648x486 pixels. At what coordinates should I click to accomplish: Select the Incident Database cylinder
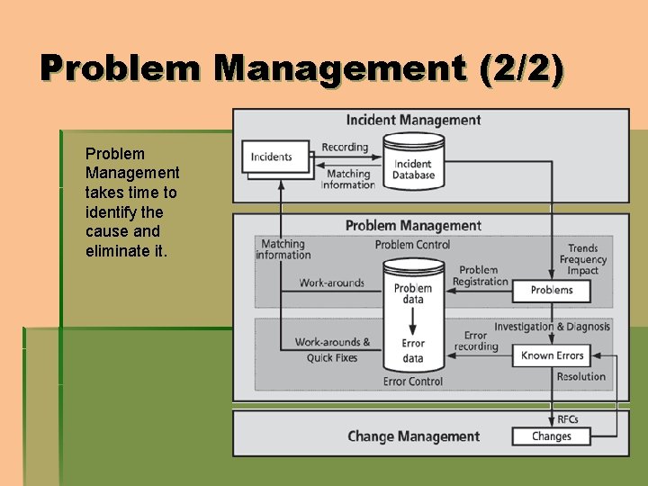tap(413, 161)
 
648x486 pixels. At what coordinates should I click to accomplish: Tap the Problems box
tap(551, 291)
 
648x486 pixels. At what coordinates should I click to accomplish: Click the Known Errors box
tap(552, 355)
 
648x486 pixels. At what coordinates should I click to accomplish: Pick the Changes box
tap(551, 436)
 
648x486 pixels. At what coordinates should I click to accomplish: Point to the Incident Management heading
tap(413, 121)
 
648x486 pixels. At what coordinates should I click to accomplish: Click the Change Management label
tap(413, 436)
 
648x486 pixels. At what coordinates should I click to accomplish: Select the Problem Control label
tap(412, 245)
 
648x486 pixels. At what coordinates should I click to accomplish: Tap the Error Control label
tap(412, 382)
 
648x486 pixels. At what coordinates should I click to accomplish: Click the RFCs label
tap(568, 419)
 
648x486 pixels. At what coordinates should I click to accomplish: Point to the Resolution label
tap(581, 377)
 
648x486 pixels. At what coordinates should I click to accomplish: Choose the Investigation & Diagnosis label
tap(552, 327)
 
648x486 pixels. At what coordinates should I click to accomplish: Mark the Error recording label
tap(476, 341)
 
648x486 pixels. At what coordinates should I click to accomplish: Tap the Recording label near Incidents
tap(345, 147)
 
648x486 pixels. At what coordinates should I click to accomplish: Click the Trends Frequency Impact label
tap(582, 260)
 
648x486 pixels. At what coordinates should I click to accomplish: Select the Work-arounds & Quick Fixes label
tap(332, 350)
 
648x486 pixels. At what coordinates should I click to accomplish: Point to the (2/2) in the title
tap(524, 70)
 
